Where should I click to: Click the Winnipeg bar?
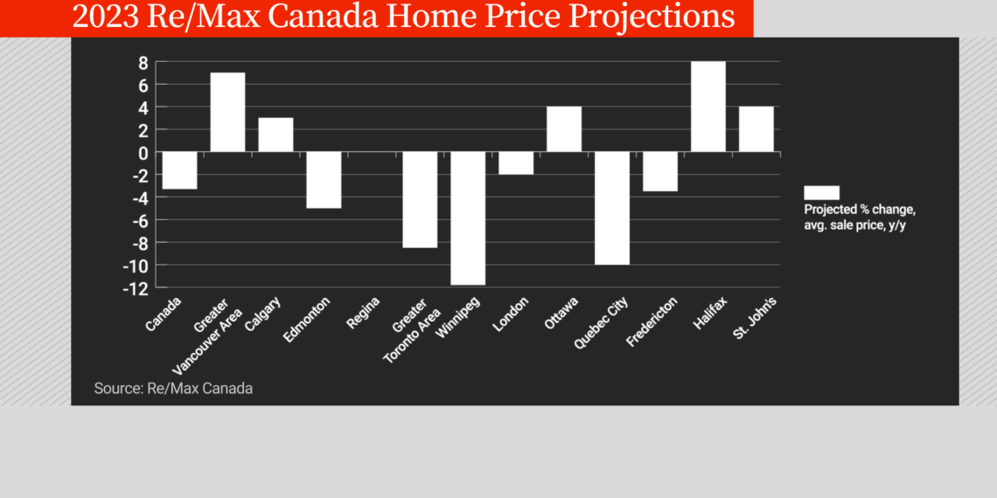pyautogui.click(x=468, y=218)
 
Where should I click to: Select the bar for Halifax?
pyautogui.click(x=708, y=107)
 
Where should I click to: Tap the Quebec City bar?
pyautogui.click(x=611, y=208)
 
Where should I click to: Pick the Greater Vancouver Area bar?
pyautogui.click(x=227, y=113)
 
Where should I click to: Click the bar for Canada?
pyautogui.click(x=179, y=170)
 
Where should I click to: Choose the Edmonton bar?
pyautogui.click(x=324, y=180)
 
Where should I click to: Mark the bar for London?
pyautogui.click(x=516, y=163)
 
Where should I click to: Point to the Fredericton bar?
pyautogui.click(x=659, y=171)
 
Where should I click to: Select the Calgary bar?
pyautogui.click(x=275, y=135)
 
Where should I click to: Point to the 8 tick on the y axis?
pyautogui.click(x=138, y=63)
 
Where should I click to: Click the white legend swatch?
pyautogui.click(x=821, y=192)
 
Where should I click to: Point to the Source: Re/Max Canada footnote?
pyautogui.click(x=173, y=388)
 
